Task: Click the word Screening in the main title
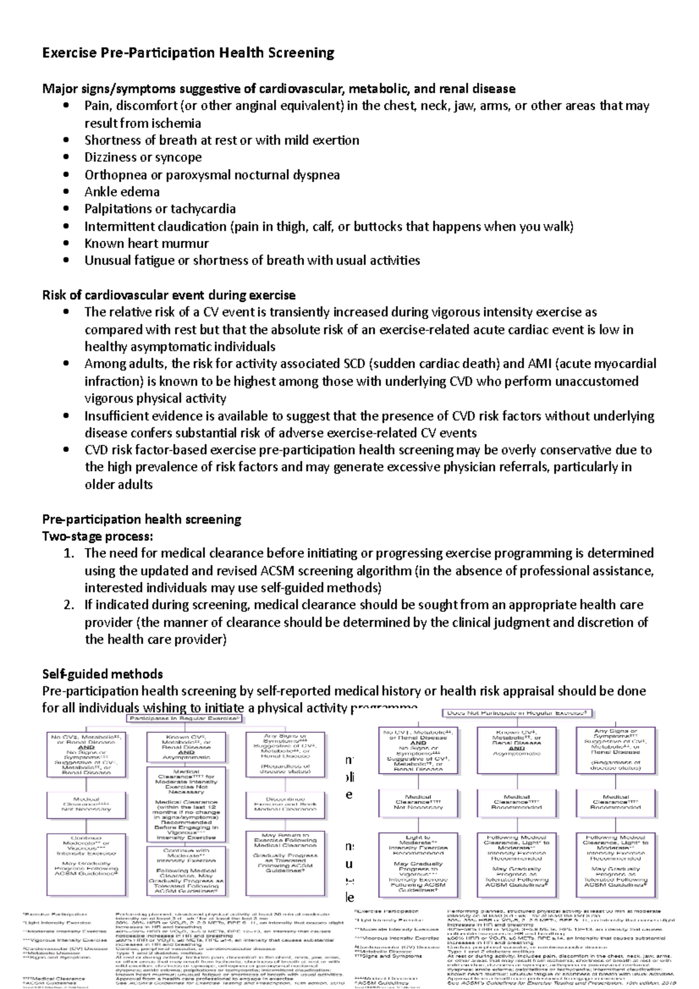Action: pyautogui.click(x=301, y=53)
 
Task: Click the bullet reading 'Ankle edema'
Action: pyautogui.click(x=122, y=192)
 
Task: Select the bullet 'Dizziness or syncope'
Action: pyautogui.click(x=143, y=157)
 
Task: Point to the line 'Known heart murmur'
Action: pyautogui.click(x=146, y=243)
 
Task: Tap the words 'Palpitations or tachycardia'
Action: pyautogui.click(x=160, y=209)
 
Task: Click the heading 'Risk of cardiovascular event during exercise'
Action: pyautogui.click(x=168, y=295)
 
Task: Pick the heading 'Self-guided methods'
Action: pyautogui.click(x=103, y=674)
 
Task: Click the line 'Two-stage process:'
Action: pyautogui.click(x=97, y=536)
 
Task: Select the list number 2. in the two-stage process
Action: pyautogui.click(x=69, y=605)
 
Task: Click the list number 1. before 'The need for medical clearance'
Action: pyautogui.click(x=69, y=553)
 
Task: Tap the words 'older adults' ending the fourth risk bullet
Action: pyautogui.click(x=118, y=485)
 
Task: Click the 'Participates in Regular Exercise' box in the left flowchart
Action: pyautogui.click(x=185, y=719)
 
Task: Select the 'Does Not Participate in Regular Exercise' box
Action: pyautogui.click(x=518, y=713)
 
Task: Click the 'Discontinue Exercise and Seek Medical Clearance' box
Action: pyautogui.click(x=285, y=804)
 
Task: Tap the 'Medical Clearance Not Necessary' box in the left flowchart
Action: pyautogui.click(x=86, y=804)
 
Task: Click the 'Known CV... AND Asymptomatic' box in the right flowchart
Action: pyautogui.click(x=516, y=743)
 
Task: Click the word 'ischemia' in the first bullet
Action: pyautogui.click(x=176, y=123)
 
